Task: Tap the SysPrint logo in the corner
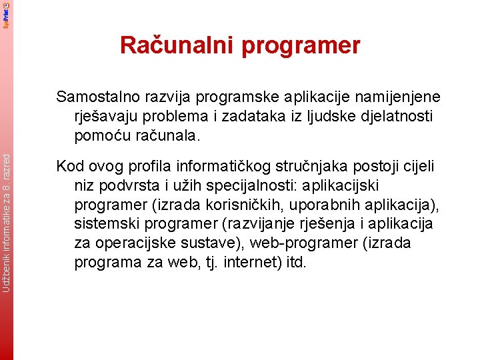[6, 14]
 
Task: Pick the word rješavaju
[108, 117]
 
